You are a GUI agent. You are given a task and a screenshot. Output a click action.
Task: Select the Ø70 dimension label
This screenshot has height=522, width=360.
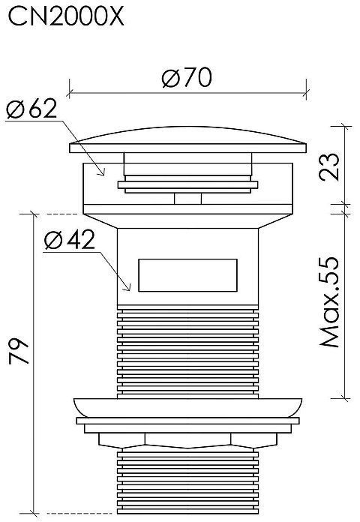(x=186, y=77)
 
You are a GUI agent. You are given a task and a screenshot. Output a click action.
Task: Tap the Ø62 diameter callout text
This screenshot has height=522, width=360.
(x=31, y=109)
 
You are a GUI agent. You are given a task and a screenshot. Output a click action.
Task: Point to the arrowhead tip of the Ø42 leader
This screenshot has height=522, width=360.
(x=130, y=290)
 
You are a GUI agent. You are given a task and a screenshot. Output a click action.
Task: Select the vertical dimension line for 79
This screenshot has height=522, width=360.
(x=34, y=360)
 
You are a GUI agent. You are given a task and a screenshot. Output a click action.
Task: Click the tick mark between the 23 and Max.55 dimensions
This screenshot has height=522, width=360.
(x=345, y=204)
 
